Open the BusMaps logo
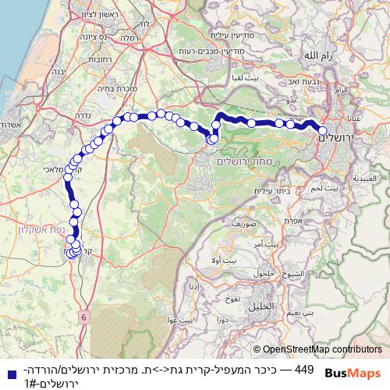(353, 373)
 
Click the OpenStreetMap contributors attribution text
(322, 350)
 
